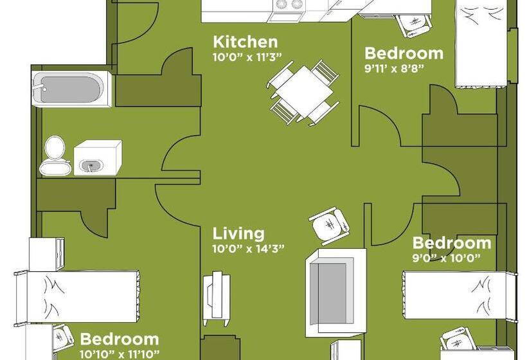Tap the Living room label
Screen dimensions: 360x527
(x=238, y=233)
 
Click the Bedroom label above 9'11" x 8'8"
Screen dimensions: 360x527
(x=404, y=53)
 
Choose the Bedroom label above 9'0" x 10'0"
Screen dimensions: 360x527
(x=451, y=243)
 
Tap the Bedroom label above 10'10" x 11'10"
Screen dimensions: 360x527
(x=119, y=339)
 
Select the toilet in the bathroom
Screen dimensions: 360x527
(x=53, y=156)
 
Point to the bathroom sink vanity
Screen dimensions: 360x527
(x=96, y=157)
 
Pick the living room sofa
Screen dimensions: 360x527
(x=332, y=289)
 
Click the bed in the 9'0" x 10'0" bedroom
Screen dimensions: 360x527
(x=459, y=294)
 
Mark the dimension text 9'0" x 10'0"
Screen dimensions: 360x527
(x=446, y=258)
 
